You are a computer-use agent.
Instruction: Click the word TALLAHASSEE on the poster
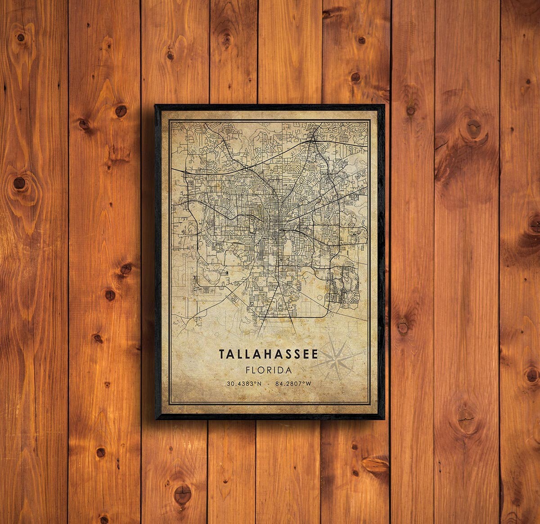pyautogui.click(x=268, y=354)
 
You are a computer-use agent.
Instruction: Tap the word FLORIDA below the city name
pyautogui.click(x=268, y=370)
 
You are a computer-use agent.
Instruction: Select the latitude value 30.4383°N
pyautogui.click(x=243, y=384)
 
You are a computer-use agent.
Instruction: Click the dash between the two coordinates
pyautogui.click(x=268, y=384)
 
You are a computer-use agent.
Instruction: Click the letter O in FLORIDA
pyautogui.click(x=262, y=370)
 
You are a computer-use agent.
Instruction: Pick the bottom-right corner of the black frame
pyautogui.click(x=384, y=419)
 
